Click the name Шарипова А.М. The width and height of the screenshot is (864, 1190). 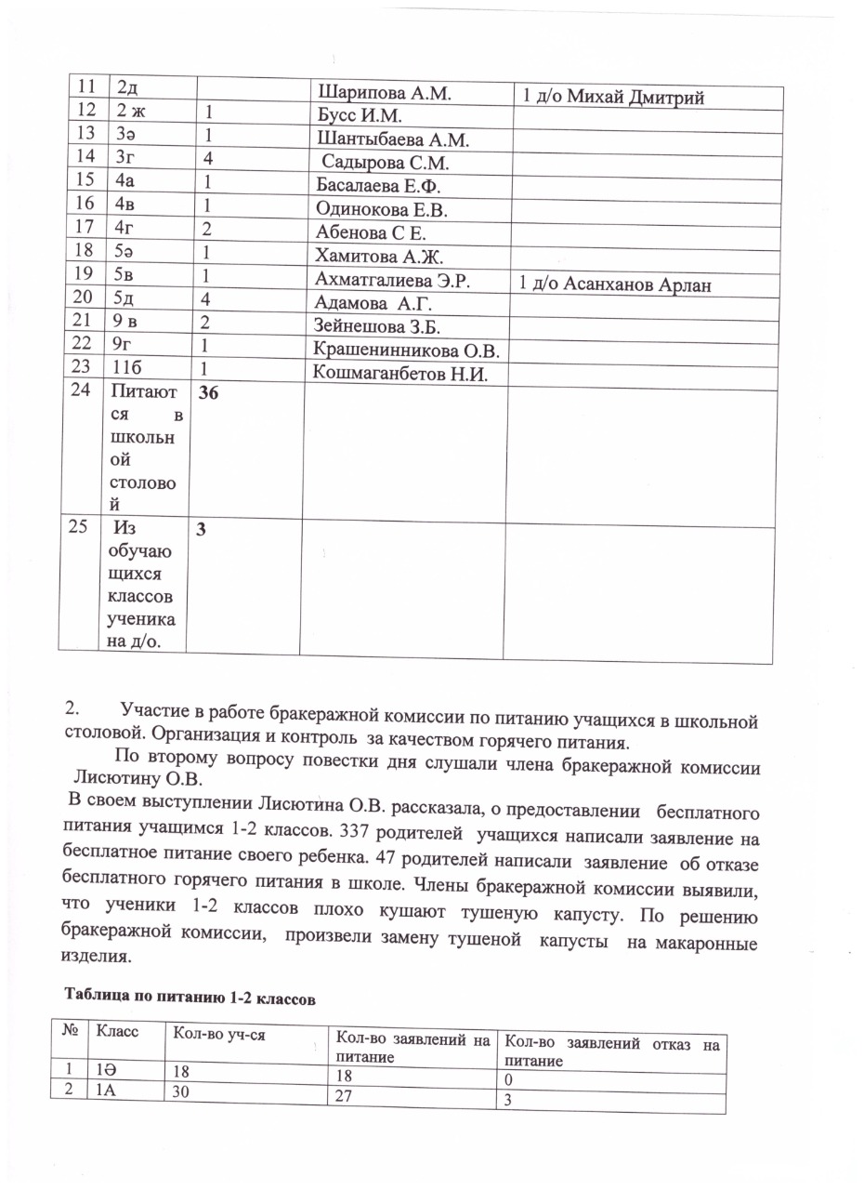(384, 93)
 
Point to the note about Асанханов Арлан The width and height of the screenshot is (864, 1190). (615, 284)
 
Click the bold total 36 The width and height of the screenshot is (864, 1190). (209, 394)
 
